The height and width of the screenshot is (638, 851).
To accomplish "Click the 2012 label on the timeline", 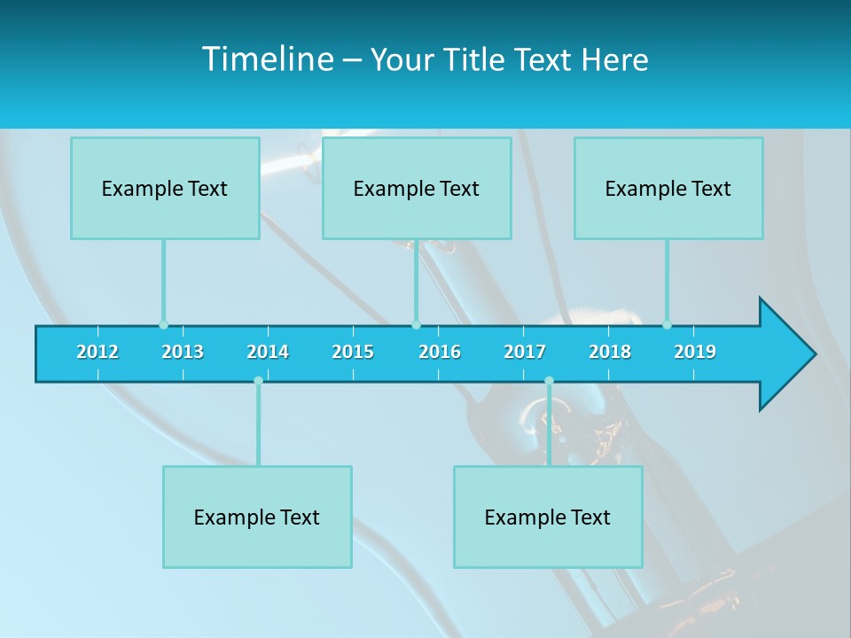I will [98, 352].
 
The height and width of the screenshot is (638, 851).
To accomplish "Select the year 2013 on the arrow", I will [183, 352].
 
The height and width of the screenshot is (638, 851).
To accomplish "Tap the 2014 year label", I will [268, 352].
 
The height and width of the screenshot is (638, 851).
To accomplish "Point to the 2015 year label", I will [353, 352].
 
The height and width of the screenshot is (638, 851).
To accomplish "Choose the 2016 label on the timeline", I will [440, 352].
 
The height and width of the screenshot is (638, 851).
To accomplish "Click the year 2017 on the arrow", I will [525, 352].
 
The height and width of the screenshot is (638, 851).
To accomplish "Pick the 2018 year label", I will [610, 352].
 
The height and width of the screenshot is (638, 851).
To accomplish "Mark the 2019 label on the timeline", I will [695, 352].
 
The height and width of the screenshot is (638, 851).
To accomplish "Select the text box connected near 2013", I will [165, 188].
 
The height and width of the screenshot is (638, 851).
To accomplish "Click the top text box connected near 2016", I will [417, 188].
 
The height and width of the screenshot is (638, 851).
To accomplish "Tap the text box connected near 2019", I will [668, 188].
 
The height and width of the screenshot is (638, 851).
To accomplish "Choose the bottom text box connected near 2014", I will [257, 517].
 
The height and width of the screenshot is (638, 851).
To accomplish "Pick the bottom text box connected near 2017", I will [548, 517].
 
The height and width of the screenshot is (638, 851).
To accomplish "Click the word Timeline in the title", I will [266, 59].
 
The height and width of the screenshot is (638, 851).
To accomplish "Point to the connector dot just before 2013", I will [163, 324].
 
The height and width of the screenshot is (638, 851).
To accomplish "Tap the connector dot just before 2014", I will [258, 381].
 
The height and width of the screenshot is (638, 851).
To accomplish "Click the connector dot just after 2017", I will [549, 381].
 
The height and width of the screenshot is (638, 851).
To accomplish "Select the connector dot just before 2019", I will [667, 324].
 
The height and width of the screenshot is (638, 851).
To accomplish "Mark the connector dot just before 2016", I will [416, 324].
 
